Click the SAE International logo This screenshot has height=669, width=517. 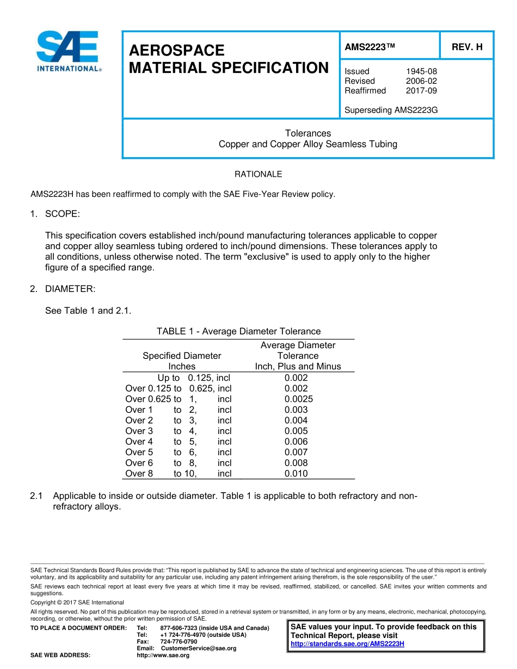point(69,52)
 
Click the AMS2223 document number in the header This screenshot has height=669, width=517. point(369,47)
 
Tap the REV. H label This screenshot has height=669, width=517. point(467,47)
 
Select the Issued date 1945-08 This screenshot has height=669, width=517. point(421,71)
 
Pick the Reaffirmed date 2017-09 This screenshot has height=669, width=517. point(421,91)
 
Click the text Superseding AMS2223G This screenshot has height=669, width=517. point(391,110)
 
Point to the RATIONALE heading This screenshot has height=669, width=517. point(258,175)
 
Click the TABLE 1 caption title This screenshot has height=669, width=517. point(238,331)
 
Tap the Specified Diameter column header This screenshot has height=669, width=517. point(182,356)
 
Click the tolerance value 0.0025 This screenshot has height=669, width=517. point(298,399)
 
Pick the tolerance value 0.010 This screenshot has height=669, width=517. point(296,474)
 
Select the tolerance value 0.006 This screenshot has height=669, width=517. point(296,442)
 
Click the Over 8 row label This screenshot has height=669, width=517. point(139,474)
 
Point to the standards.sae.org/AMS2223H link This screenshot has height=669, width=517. point(347,644)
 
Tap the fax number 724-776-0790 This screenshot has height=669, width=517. point(179,642)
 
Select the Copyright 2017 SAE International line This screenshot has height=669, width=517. point(77,603)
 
